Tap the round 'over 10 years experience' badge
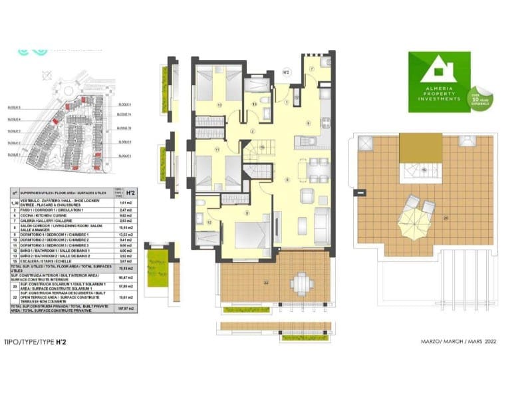coord(479,100)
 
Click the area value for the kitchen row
coord(121,215)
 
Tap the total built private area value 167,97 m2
coord(121,308)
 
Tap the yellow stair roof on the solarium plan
coord(420,146)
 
